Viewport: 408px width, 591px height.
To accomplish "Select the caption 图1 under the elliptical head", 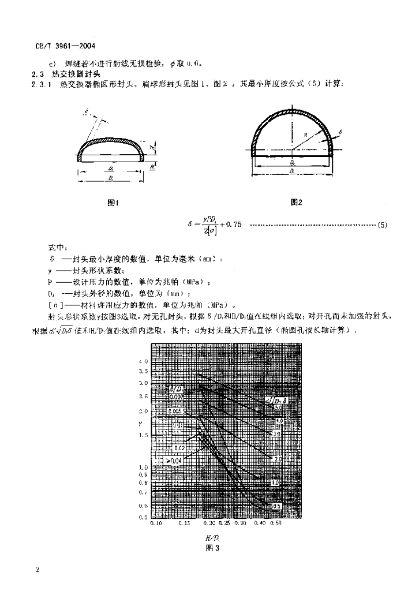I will (x=113, y=203).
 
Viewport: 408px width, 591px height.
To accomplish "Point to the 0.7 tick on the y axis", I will (x=144, y=492).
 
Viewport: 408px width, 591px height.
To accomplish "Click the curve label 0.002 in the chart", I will (x=177, y=397).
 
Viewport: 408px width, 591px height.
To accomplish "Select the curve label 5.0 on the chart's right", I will (x=276, y=408).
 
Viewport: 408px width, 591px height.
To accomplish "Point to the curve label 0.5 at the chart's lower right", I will (x=276, y=506).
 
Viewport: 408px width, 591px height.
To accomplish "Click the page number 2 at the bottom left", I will (x=37, y=571).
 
